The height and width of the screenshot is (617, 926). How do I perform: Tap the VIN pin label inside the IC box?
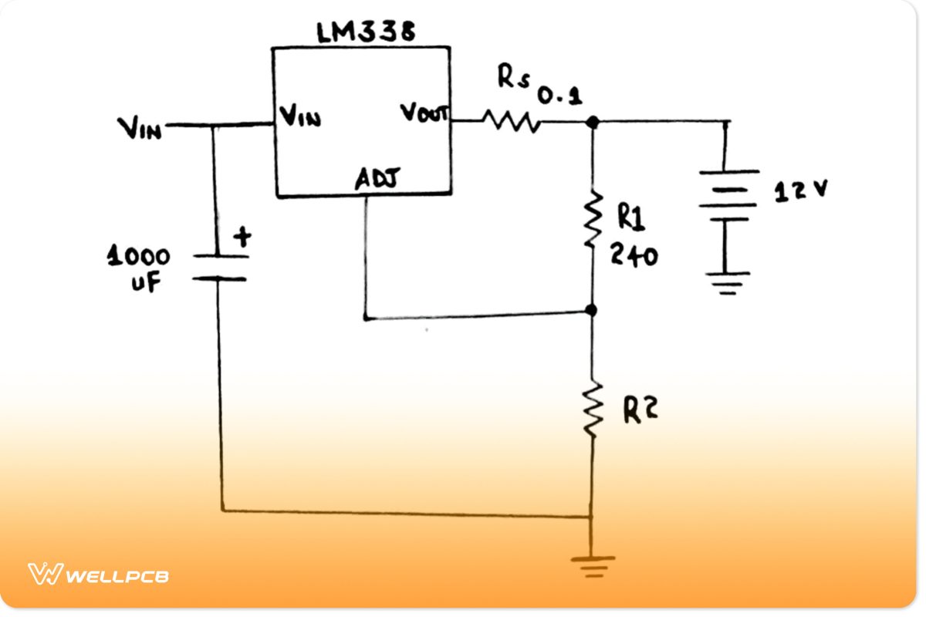[299, 119]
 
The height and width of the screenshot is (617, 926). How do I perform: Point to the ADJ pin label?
[376, 179]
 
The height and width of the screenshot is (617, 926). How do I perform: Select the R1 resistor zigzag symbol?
[592, 220]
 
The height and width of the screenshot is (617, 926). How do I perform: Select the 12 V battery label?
[800, 190]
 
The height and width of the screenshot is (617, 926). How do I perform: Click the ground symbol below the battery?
[725, 282]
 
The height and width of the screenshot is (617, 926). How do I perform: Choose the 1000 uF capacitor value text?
[139, 269]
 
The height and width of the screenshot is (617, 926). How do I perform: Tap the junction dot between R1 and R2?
[592, 310]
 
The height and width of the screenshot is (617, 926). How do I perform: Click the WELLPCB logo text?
[117, 575]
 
